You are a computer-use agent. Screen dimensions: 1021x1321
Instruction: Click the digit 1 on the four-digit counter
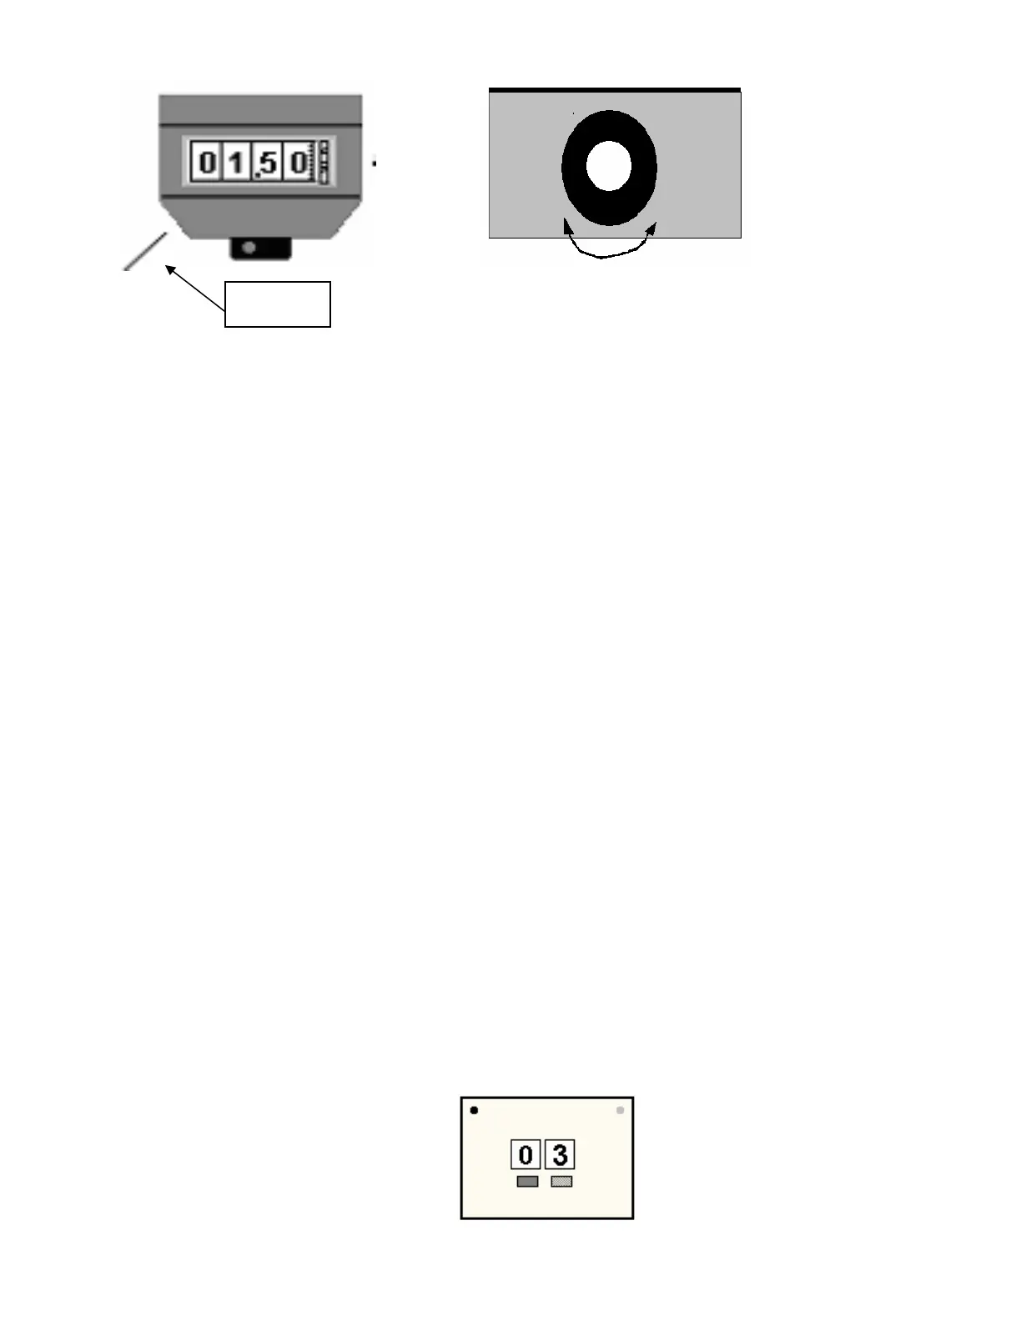(x=238, y=163)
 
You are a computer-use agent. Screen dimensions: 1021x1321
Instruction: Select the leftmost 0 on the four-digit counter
(x=207, y=163)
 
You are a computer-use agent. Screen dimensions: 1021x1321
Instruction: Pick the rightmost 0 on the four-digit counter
(x=299, y=163)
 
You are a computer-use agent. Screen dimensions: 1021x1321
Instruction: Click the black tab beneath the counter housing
(x=260, y=248)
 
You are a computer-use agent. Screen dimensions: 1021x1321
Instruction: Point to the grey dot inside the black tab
(x=249, y=247)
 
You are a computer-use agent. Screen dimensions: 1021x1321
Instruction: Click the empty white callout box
(x=278, y=304)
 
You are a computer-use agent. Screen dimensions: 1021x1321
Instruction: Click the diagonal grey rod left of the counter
(x=144, y=251)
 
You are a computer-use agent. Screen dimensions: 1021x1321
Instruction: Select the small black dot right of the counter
(x=375, y=163)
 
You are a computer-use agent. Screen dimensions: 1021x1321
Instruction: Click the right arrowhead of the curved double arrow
(x=652, y=227)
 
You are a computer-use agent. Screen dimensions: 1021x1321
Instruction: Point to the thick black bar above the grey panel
(x=614, y=89)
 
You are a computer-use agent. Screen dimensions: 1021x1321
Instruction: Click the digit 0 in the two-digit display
(x=526, y=1155)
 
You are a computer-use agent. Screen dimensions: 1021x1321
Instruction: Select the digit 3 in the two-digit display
(x=560, y=1155)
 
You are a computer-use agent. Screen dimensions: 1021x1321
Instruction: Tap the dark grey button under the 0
(x=527, y=1182)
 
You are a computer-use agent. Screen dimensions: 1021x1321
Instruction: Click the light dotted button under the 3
(x=561, y=1182)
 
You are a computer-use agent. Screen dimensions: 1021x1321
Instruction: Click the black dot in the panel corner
(x=475, y=1110)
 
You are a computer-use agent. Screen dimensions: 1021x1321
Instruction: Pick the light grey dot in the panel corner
(x=620, y=1111)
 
